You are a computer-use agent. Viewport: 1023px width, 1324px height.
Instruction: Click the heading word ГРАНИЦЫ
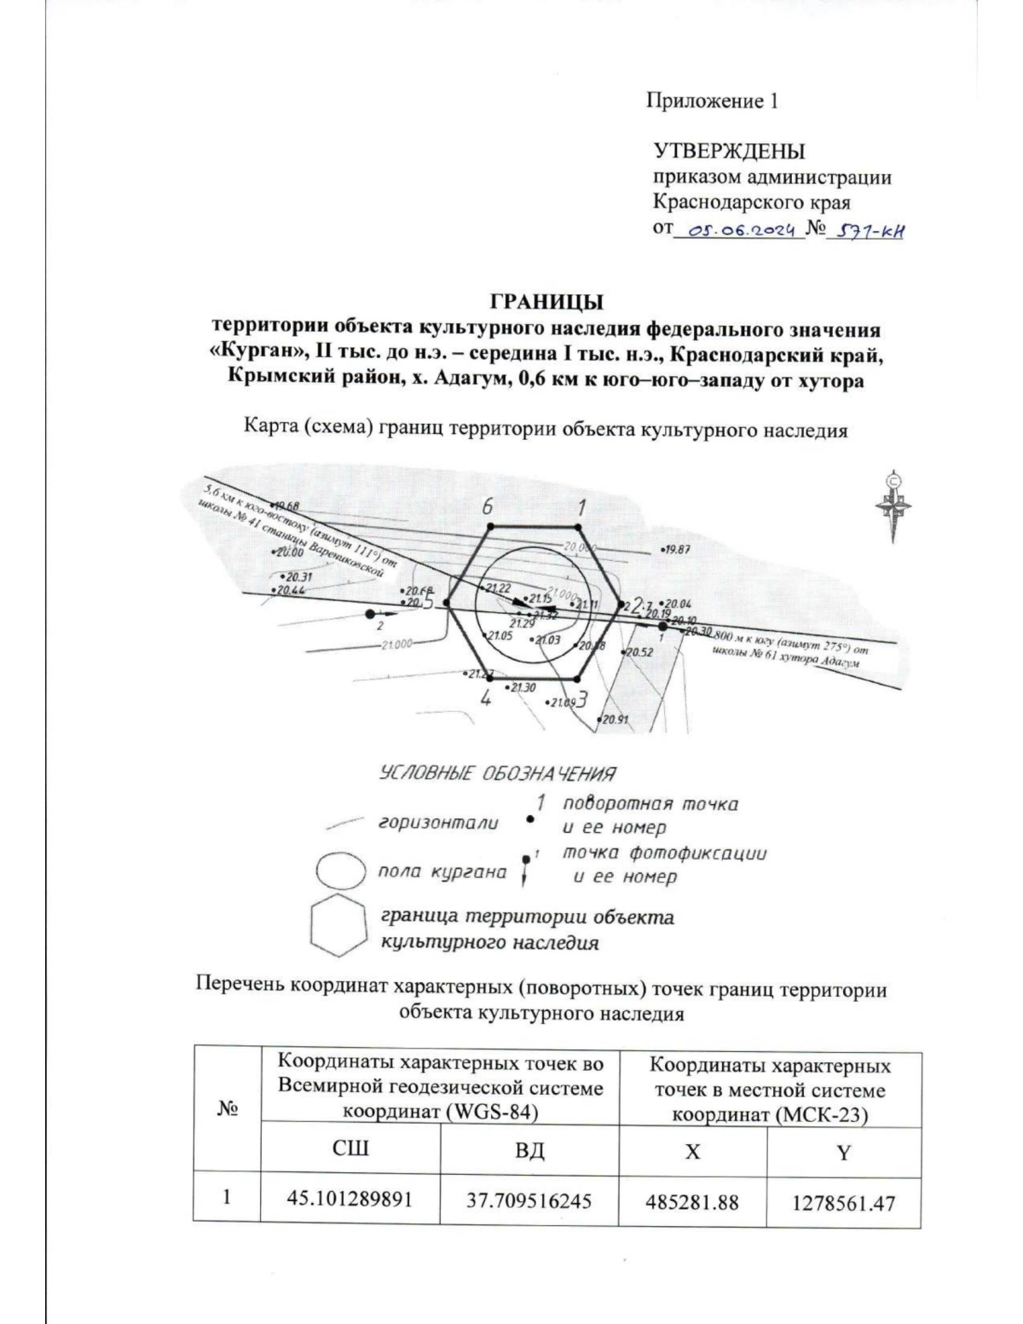pyautogui.click(x=546, y=302)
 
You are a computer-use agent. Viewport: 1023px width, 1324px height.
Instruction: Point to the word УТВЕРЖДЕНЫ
pyautogui.click(x=729, y=152)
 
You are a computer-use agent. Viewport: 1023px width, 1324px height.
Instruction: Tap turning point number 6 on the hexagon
pyautogui.click(x=488, y=506)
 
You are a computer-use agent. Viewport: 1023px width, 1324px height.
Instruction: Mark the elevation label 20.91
pyautogui.click(x=614, y=720)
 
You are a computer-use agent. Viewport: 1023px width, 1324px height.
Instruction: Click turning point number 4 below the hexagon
pyautogui.click(x=485, y=699)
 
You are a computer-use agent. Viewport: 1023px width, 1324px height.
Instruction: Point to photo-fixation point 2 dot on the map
pyautogui.click(x=369, y=614)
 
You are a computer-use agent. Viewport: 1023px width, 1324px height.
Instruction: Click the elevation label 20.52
pyautogui.click(x=639, y=652)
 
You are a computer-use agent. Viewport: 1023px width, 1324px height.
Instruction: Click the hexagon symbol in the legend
pyautogui.click(x=338, y=926)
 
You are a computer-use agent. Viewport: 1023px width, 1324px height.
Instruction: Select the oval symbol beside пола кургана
pyautogui.click(x=341, y=873)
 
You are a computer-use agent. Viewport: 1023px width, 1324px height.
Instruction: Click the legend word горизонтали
pyautogui.click(x=438, y=824)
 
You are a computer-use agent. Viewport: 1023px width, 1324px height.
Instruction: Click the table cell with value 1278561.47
pyautogui.click(x=843, y=1202)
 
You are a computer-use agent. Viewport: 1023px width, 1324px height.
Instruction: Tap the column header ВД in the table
pyautogui.click(x=529, y=1152)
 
